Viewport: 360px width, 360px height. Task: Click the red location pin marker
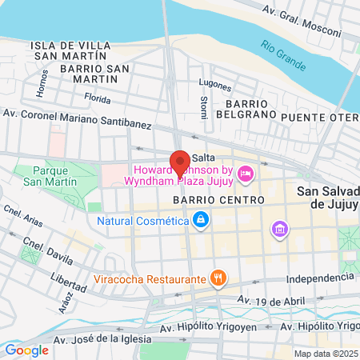point(180,162)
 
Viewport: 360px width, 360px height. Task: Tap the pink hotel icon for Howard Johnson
point(246,173)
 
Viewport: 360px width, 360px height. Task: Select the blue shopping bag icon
point(200,219)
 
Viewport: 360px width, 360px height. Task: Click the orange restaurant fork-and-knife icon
point(218,278)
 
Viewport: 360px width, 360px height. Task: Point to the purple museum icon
point(279,230)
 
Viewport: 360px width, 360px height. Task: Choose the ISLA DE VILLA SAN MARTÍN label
point(69,51)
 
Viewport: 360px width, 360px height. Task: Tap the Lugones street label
point(216,85)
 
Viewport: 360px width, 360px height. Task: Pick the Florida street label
point(98,100)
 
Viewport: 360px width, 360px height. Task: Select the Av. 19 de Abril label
point(270,300)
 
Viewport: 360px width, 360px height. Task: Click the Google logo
point(26,350)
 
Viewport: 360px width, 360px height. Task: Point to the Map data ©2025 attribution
point(326,354)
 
